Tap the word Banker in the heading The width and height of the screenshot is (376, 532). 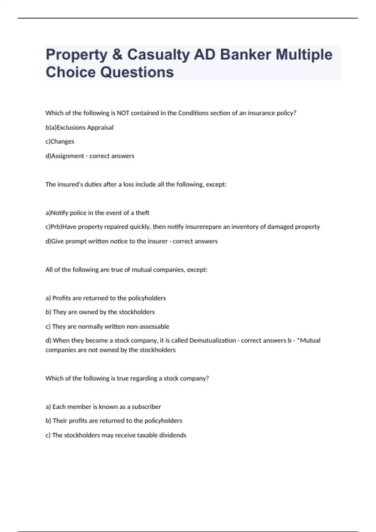pos(245,54)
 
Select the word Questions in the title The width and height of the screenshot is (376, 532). pos(137,72)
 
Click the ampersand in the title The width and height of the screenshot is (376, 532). pos(117,54)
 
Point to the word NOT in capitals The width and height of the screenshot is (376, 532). pos(123,113)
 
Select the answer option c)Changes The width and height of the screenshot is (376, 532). pos(60,141)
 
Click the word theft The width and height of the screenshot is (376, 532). pos(142,213)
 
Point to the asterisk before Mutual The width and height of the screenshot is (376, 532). pos(299,340)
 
